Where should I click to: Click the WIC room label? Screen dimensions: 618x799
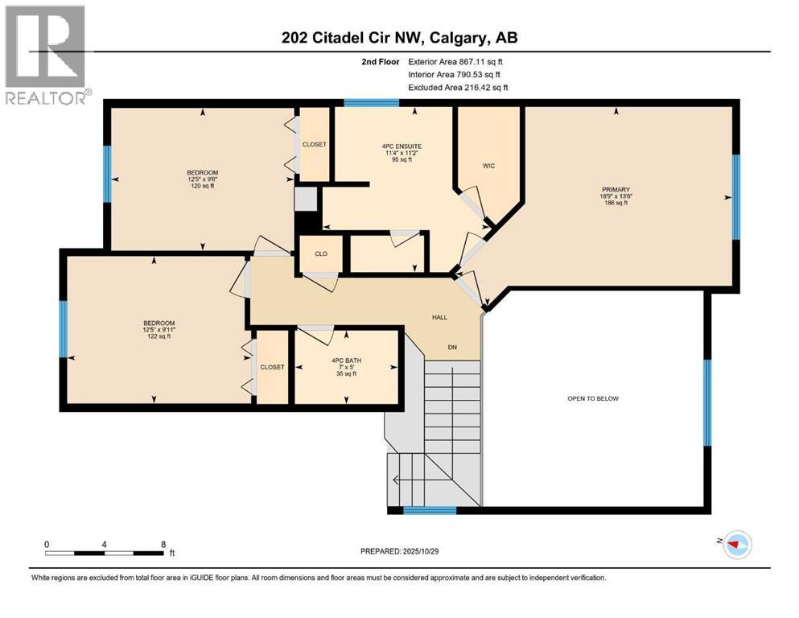488,166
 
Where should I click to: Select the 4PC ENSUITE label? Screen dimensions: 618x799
402,146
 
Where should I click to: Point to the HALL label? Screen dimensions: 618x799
439,317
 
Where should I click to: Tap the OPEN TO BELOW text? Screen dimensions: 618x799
593,398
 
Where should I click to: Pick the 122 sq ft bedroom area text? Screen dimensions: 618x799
158,337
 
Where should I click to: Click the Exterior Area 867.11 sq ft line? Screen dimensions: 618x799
457,61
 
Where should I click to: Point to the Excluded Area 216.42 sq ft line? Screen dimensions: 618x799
458,87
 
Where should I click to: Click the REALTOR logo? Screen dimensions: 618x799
46,56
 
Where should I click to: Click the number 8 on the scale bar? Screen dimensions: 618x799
163,544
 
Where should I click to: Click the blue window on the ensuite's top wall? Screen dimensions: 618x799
372,103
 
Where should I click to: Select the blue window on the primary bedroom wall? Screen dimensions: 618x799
735,197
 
